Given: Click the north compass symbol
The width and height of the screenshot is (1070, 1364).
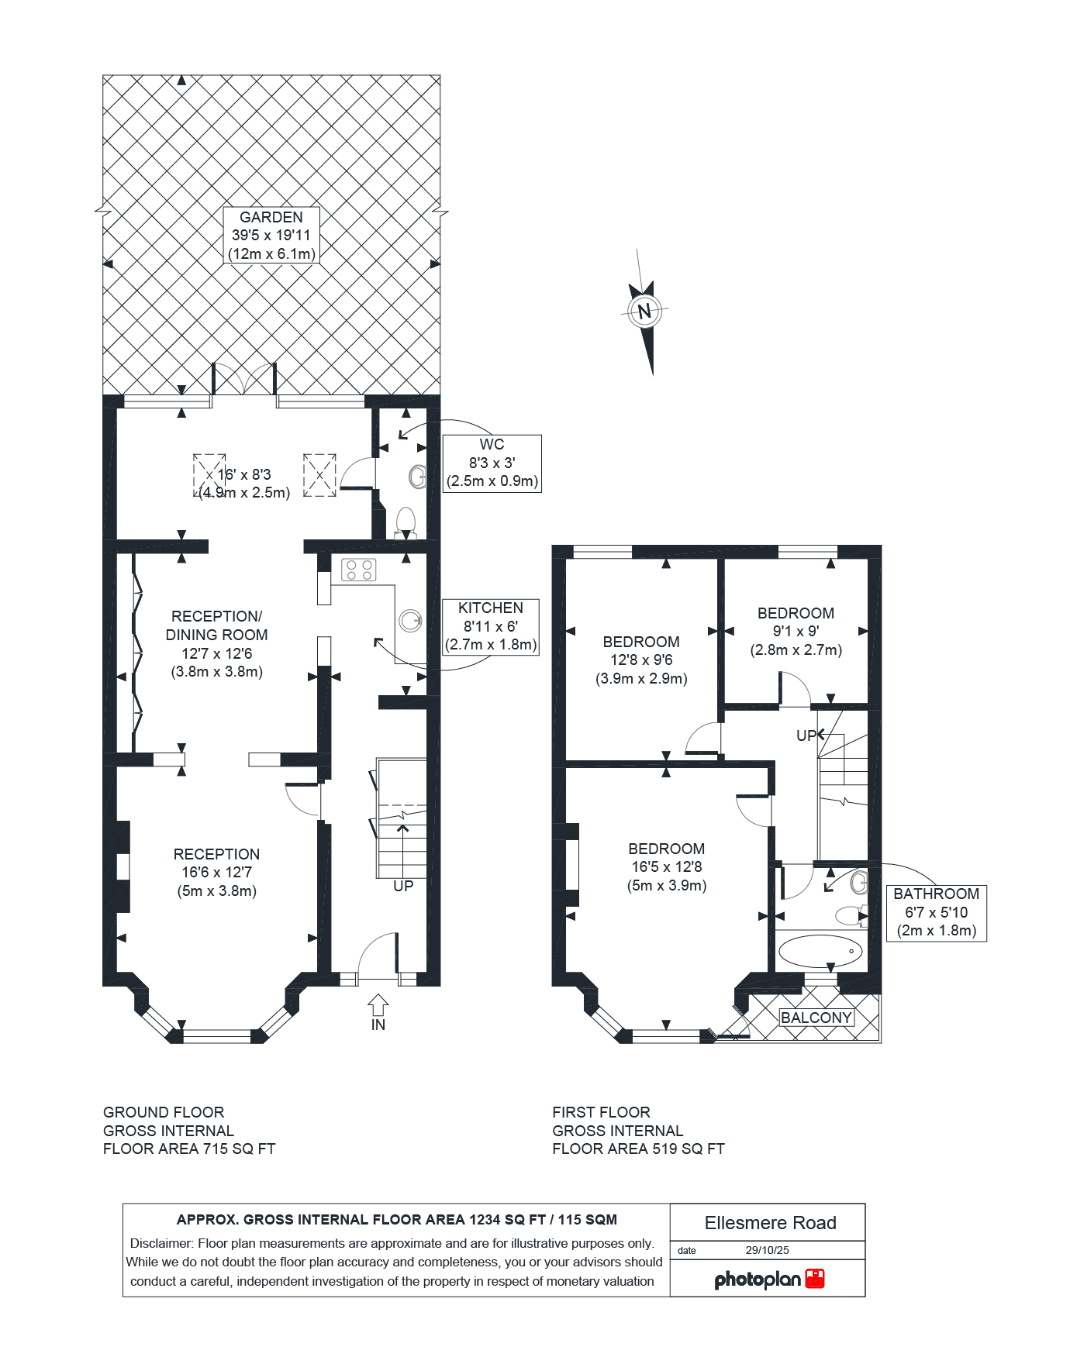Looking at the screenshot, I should [x=644, y=312].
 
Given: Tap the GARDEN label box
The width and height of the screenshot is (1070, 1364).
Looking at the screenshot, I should [x=271, y=235].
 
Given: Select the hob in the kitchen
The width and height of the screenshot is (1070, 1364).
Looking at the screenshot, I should [x=358, y=570].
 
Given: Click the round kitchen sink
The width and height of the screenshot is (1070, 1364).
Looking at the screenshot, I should [x=410, y=621].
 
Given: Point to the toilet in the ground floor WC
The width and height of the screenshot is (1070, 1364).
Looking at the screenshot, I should [x=406, y=521].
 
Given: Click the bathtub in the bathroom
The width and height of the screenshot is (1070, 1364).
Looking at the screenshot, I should [x=820, y=951].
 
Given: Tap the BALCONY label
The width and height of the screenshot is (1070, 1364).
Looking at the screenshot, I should [x=816, y=1018].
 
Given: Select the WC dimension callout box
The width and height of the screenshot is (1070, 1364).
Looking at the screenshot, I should [x=492, y=463].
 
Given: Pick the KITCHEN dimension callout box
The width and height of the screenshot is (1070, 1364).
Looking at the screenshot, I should [x=490, y=626].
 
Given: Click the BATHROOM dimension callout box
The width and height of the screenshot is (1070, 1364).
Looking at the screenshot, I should [x=936, y=912].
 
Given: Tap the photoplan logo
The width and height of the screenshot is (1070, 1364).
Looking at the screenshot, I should [x=768, y=1279].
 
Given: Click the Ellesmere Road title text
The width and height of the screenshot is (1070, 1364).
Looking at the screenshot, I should [x=770, y=1223].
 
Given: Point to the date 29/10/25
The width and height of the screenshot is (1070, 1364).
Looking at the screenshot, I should [x=767, y=1250].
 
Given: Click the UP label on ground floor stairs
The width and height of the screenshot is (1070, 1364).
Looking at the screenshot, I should [x=403, y=886].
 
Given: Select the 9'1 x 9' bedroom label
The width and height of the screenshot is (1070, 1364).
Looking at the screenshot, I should [x=796, y=632].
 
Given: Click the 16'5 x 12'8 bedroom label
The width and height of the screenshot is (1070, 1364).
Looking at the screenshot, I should [x=666, y=867].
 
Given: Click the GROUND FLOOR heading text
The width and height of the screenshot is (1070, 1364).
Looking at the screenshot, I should [x=164, y=1112].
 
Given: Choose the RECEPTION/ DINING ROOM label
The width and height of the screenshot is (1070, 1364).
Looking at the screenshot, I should [x=216, y=643].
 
